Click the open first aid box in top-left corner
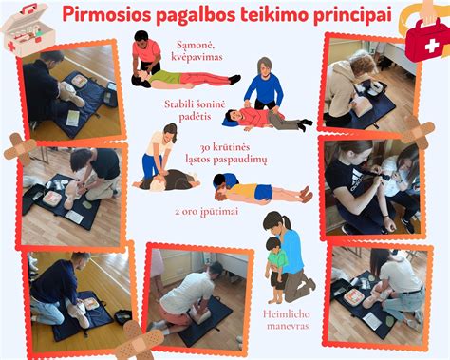tap(24, 28)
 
